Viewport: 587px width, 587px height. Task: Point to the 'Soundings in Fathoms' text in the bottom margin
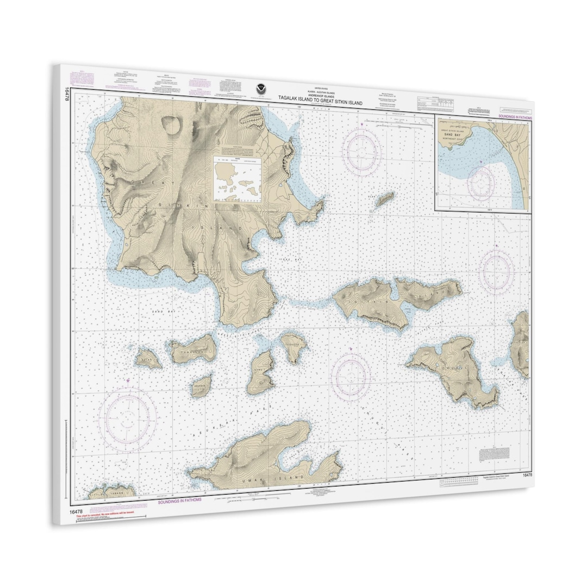(x=179, y=500)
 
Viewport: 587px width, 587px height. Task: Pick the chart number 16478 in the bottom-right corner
(x=527, y=476)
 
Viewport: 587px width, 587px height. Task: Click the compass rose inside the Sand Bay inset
(x=481, y=182)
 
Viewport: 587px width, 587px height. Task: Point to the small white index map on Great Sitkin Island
(x=238, y=179)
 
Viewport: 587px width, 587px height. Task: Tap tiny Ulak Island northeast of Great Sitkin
(x=385, y=199)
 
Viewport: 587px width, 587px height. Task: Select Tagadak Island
(x=294, y=346)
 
